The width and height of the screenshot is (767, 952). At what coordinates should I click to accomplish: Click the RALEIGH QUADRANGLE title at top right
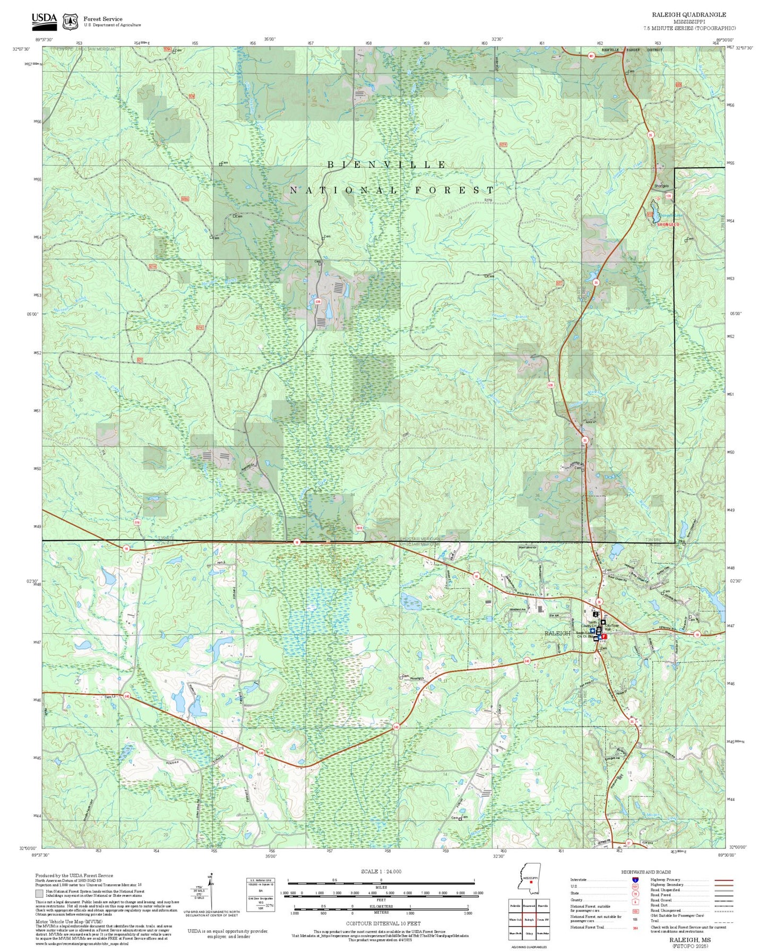click(x=689, y=15)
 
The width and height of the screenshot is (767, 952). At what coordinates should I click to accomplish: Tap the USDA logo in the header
click(x=44, y=20)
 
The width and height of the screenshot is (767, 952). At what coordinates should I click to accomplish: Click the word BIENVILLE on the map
click(x=386, y=165)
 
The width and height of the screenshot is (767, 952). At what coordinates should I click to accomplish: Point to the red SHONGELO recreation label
click(x=668, y=224)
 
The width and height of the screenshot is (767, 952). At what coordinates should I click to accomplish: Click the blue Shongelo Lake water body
click(x=656, y=211)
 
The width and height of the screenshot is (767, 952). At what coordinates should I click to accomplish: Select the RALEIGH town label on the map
click(x=557, y=633)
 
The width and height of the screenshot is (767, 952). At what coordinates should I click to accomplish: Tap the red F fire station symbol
click(x=604, y=636)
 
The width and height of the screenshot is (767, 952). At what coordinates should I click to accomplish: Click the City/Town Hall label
click(x=611, y=627)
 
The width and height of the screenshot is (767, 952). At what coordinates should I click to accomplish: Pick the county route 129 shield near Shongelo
click(x=669, y=196)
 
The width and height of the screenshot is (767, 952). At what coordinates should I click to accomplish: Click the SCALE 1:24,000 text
click(x=381, y=871)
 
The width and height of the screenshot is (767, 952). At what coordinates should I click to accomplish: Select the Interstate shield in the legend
click(x=636, y=879)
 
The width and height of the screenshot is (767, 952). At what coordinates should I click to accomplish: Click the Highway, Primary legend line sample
click(x=723, y=880)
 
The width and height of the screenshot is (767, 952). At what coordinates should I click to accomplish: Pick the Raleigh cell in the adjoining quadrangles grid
click(x=529, y=920)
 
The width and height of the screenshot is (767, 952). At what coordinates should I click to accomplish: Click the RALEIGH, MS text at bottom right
click(x=690, y=940)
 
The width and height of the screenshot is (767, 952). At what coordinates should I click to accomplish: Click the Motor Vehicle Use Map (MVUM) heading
click(x=68, y=922)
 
